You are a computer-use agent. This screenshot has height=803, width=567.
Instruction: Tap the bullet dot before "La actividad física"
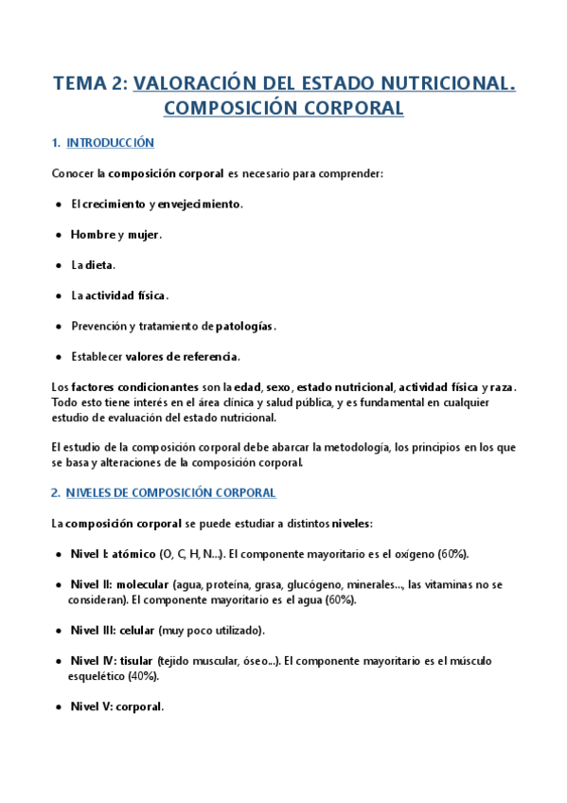pyautogui.click(x=60, y=295)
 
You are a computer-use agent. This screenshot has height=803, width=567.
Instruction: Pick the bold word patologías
pyautogui.click(x=244, y=326)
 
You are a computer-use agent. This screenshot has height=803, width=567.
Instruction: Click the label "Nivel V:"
pyautogui.click(x=90, y=706)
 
